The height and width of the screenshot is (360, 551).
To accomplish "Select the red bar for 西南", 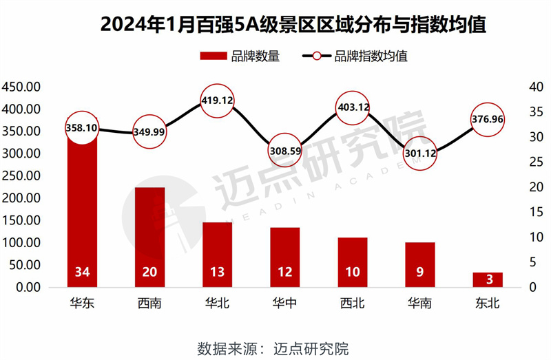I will coord(149,227).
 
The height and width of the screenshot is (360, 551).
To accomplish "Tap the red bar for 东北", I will coord(488,279).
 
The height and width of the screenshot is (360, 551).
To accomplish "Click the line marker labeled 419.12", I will coord(217,100).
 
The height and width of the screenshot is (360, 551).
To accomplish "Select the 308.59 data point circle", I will coord(284,150).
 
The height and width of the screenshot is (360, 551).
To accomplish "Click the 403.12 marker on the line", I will coord(353,107).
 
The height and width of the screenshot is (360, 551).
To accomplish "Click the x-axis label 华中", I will coord(284,304).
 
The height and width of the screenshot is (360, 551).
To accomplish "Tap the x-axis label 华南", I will coord(420,304).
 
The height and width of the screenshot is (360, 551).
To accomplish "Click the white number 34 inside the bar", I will coord(82,273).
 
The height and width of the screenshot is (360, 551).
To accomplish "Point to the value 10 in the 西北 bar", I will coord(353,273).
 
